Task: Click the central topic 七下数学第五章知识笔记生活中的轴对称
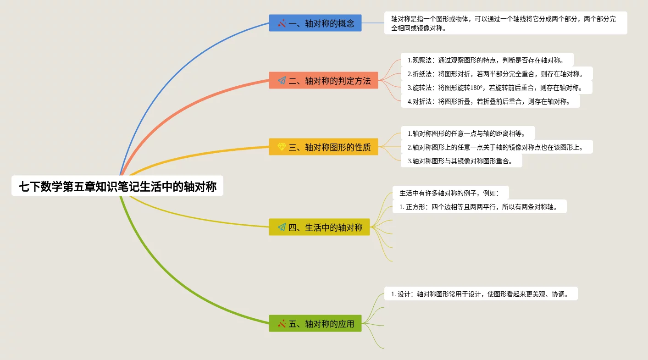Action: (117, 186)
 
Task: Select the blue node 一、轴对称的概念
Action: (315, 23)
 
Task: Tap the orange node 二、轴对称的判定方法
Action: (323, 81)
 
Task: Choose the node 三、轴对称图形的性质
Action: (323, 147)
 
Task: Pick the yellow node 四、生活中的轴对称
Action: (319, 227)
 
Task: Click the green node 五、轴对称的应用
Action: (315, 323)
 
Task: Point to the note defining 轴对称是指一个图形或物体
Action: (505, 23)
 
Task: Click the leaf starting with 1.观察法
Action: (487, 60)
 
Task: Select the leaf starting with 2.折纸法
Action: (497, 73)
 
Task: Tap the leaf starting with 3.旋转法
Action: (497, 87)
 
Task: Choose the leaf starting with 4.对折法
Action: (490, 101)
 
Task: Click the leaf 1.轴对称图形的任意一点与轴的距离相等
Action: (468, 133)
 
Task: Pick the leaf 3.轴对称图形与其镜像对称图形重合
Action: (461, 161)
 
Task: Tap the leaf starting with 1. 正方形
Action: (480, 206)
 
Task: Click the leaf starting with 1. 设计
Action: (481, 294)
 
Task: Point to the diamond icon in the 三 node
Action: (282, 147)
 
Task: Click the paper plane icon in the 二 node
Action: (282, 81)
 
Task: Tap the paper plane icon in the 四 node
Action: (282, 227)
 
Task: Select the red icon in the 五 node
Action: (282, 323)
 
